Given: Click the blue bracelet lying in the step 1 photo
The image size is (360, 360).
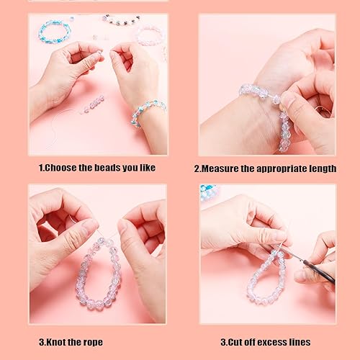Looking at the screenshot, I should (55, 30).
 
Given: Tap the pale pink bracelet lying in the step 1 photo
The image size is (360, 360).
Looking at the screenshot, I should (150, 33).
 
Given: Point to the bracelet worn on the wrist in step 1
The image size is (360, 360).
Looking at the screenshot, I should (148, 111).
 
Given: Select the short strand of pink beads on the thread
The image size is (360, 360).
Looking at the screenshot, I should (93, 104).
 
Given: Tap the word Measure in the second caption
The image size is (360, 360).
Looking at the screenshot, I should (224, 168).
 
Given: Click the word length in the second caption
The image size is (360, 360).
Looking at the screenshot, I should (321, 168).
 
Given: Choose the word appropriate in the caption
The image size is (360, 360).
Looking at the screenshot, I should (276, 168).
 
